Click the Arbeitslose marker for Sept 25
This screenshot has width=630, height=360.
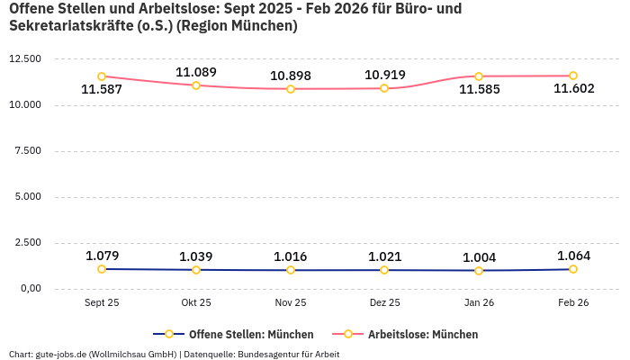tap(102, 76)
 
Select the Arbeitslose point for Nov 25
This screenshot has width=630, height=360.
tap(291, 89)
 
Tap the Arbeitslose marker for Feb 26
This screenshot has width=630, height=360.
tap(572, 76)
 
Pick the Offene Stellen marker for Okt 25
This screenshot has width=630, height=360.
tap(196, 270)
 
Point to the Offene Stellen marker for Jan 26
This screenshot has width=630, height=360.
tap(479, 270)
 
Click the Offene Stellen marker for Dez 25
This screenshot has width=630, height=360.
tap(384, 270)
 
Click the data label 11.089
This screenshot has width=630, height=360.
tap(196, 72)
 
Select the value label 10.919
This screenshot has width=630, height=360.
tap(384, 75)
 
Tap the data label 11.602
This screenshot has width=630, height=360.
tap(573, 89)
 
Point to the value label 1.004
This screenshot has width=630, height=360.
tap(479, 257)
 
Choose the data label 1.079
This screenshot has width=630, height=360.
tap(102, 256)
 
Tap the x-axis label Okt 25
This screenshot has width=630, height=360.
tap(196, 303)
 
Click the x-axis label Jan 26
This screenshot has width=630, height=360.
tap(479, 303)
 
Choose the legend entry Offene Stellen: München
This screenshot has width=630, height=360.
tap(233, 335)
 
